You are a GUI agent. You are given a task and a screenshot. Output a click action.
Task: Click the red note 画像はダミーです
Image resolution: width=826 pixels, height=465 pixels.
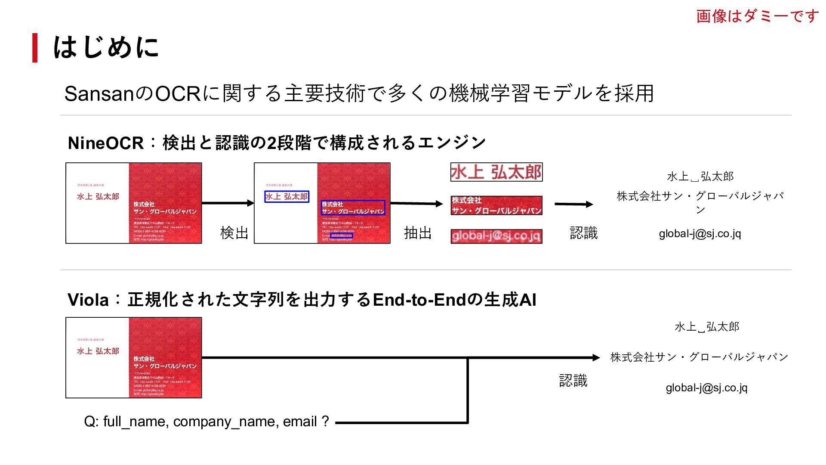(x=757, y=16)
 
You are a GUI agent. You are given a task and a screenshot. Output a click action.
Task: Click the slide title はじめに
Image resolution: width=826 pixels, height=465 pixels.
(x=106, y=47)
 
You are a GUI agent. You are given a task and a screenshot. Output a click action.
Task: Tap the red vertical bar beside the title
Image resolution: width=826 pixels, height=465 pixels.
(x=35, y=48)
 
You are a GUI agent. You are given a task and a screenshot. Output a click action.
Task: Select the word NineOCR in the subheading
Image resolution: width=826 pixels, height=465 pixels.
(x=105, y=143)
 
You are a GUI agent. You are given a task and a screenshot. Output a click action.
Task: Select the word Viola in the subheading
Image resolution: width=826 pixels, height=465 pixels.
(x=88, y=300)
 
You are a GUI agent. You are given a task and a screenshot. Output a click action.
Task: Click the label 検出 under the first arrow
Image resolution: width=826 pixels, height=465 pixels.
(x=234, y=233)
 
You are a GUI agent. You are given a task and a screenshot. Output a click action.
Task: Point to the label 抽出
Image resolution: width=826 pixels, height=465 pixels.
(x=417, y=233)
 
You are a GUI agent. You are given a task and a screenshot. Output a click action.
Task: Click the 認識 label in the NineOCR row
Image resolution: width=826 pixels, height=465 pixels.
(x=583, y=233)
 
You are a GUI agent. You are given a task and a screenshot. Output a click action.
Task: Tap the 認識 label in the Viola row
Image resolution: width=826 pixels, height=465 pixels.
(x=573, y=381)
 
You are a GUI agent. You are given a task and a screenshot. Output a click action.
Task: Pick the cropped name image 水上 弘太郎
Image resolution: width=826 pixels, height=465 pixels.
(x=496, y=172)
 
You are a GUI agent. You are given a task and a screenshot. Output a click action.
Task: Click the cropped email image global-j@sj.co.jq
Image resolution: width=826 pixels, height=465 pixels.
(x=496, y=236)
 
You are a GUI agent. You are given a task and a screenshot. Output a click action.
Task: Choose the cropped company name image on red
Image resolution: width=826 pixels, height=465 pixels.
(x=496, y=205)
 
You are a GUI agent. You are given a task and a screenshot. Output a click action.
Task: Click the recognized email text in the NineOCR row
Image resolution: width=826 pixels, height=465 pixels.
(x=700, y=234)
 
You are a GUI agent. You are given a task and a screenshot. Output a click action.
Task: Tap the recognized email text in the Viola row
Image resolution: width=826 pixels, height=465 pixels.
(x=706, y=388)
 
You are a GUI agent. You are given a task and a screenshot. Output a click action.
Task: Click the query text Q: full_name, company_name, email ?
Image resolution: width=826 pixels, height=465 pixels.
(x=206, y=422)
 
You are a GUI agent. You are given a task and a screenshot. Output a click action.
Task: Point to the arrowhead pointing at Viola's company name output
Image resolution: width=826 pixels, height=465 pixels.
(x=596, y=357)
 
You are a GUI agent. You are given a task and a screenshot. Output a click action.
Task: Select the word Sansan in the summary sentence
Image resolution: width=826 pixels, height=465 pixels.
(x=99, y=94)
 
